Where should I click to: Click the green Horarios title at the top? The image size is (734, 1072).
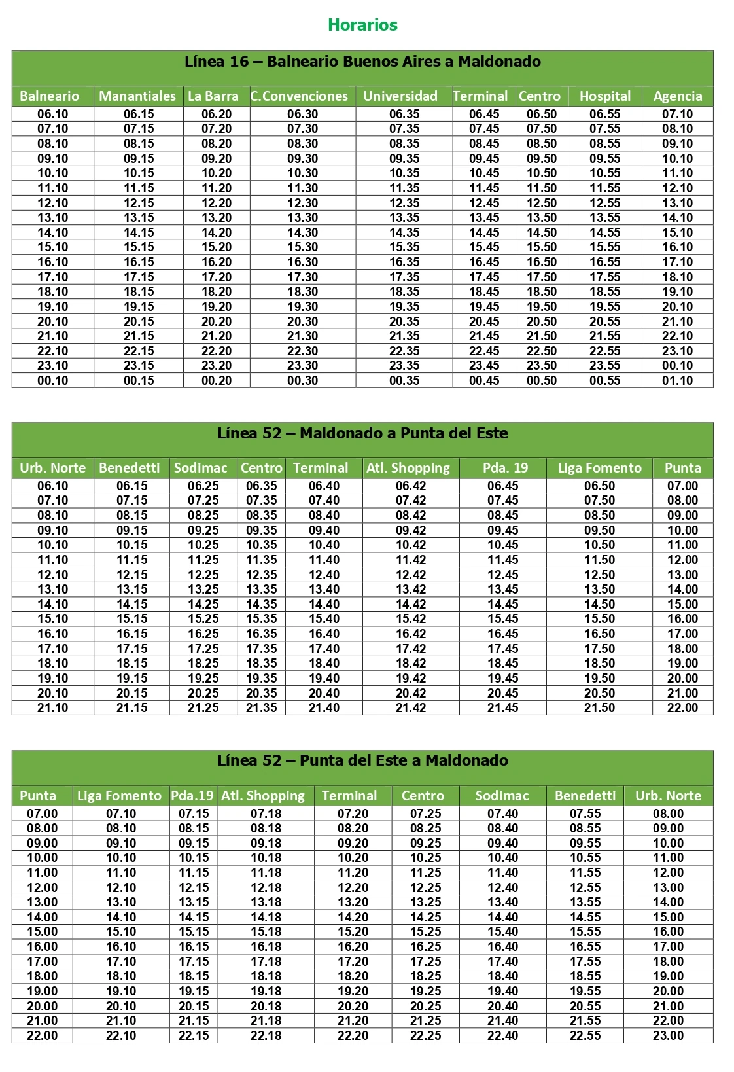(362, 25)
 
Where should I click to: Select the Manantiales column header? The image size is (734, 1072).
(137, 96)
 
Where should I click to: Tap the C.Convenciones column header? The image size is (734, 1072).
(300, 96)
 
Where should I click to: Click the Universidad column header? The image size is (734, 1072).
(400, 96)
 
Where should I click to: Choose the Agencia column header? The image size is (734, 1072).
(678, 96)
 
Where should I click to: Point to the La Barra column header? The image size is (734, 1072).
(213, 96)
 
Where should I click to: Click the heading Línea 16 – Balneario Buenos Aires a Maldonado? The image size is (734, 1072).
(362, 62)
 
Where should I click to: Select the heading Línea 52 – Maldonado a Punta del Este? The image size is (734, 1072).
(362, 433)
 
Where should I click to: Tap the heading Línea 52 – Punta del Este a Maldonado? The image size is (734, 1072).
(362, 760)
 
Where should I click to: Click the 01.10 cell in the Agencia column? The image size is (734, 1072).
(678, 381)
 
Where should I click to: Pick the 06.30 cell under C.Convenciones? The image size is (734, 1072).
(302, 114)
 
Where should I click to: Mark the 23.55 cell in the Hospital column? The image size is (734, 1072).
(605, 366)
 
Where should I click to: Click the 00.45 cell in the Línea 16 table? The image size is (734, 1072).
(484, 381)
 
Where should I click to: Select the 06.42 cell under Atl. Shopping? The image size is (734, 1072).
(411, 486)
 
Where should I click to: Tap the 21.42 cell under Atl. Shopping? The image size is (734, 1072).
(411, 708)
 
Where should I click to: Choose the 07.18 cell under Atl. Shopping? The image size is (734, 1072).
(266, 813)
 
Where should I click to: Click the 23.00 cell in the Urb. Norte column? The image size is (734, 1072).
(669, 1036)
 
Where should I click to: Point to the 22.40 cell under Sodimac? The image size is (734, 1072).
(502, 1036)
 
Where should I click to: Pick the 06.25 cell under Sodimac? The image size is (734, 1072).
(203, 486)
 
